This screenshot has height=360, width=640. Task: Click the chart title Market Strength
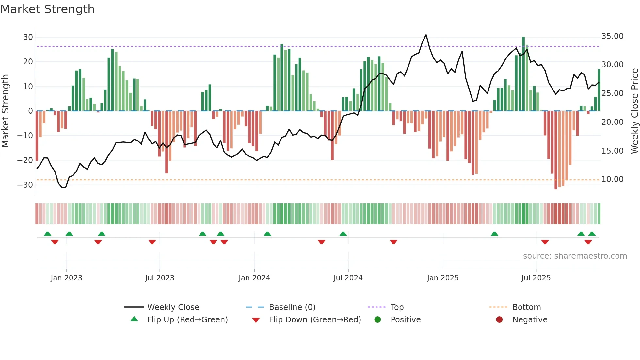click(47, 9)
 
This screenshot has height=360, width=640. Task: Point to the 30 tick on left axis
click(28, 37)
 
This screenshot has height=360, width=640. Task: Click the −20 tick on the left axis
click(25, 160)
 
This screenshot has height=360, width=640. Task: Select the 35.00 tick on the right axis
click(612, 36)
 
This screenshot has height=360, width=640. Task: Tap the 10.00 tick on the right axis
click(612, 179)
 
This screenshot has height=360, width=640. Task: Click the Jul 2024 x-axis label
click(348, 278)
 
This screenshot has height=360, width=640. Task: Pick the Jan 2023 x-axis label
click(66, 278)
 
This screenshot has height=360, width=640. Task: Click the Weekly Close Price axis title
click(634, 111)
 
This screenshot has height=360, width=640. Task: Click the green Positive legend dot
click(377, 320)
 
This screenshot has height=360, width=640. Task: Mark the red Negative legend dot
click(499, 320)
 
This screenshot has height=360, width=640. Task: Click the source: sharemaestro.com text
click(575, 256)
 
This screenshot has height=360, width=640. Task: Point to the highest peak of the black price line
click(426, 35)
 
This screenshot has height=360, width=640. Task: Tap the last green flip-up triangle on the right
click(592, 234)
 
